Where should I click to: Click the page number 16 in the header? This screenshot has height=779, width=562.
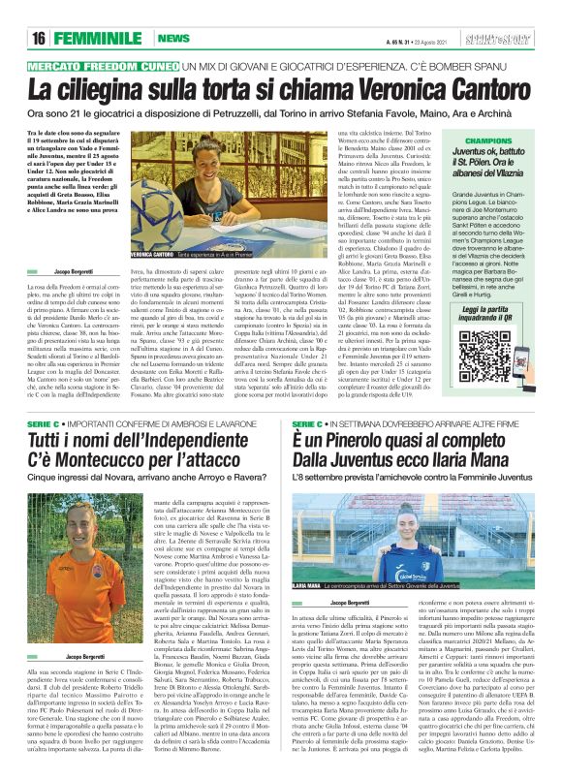(40, 37)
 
